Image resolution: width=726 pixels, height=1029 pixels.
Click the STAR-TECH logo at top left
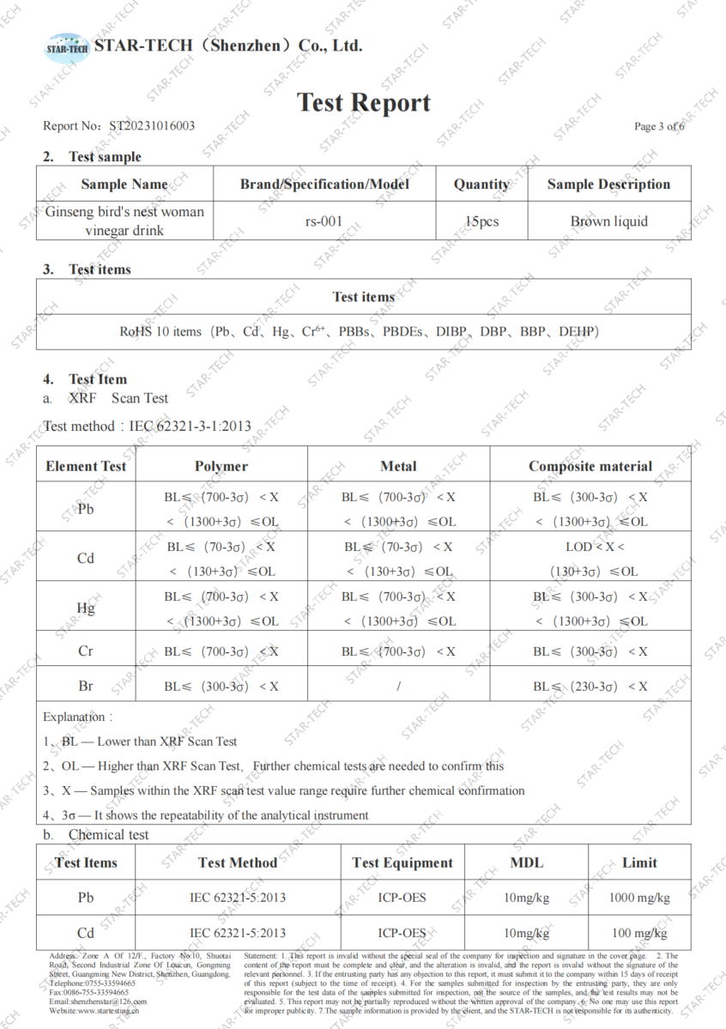[67, 47]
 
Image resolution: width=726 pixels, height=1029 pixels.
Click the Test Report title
[364, 103]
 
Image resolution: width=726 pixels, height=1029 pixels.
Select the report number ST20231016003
[152, 126]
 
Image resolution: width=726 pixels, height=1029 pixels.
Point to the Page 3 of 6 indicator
[659, 127]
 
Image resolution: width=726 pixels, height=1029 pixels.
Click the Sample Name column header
[124, 185]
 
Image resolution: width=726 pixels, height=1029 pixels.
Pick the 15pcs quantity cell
[481, 221]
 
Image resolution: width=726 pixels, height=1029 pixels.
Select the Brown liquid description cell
[609, 221]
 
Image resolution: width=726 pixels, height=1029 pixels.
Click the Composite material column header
[590, 466]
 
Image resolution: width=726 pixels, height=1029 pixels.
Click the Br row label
[86, 686]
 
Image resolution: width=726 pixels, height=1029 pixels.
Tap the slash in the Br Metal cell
[399, 687]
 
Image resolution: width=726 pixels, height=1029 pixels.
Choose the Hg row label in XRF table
[86, 608]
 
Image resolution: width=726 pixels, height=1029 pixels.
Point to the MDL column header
[526, 863]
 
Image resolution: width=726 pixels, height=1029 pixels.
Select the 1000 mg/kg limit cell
[639, 898]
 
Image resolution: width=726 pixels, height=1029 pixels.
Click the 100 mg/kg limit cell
[639, 933]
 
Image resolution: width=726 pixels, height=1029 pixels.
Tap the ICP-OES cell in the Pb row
[402, 898]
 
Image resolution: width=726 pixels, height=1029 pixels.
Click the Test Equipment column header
[402, 863]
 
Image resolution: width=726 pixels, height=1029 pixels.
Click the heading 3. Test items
[88, 269]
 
